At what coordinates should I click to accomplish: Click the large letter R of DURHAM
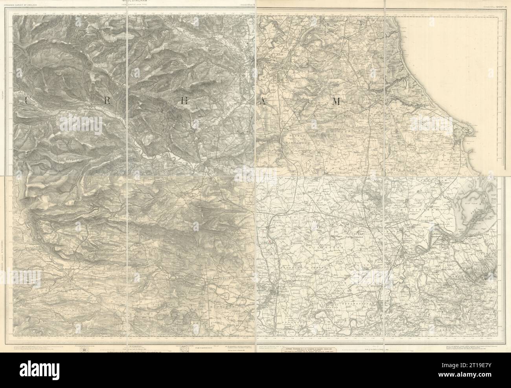coord(107,101)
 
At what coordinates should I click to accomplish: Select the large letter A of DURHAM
coord(261,101)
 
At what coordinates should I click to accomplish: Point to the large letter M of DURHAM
coord(335,101)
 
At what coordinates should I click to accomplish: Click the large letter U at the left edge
coord(26,101)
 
